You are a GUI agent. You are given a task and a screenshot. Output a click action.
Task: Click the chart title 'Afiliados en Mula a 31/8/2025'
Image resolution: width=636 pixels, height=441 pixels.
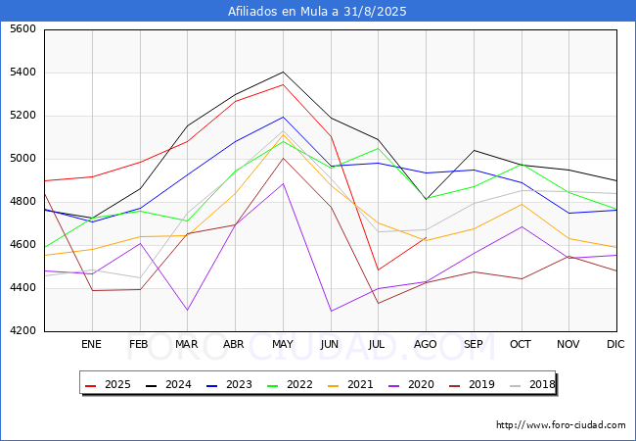coord(317,12)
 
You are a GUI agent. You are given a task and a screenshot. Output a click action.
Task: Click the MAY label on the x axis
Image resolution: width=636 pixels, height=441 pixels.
coord(283,345)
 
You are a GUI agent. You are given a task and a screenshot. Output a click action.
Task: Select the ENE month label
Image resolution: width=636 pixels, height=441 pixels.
coord(92,345)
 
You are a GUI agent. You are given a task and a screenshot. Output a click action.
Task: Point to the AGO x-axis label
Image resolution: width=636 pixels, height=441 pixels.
coord(426,345)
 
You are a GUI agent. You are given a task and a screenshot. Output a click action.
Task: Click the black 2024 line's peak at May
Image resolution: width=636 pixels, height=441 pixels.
coord(283,72)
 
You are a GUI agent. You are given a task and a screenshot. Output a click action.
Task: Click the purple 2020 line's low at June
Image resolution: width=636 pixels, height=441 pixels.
coord(331,312)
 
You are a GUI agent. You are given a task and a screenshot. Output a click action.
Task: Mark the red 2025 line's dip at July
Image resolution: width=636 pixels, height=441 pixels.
coord(378,270)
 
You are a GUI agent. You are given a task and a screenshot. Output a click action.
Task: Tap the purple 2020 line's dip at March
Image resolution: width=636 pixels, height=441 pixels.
coord(187,310)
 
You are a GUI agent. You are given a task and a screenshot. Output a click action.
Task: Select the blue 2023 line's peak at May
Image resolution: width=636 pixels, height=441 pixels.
coord(283,117)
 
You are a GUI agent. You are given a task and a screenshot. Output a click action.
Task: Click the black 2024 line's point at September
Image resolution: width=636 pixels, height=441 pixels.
coord(474,150)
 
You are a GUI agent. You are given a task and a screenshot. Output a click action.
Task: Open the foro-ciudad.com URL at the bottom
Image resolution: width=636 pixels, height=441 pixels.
coord(561,425)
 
